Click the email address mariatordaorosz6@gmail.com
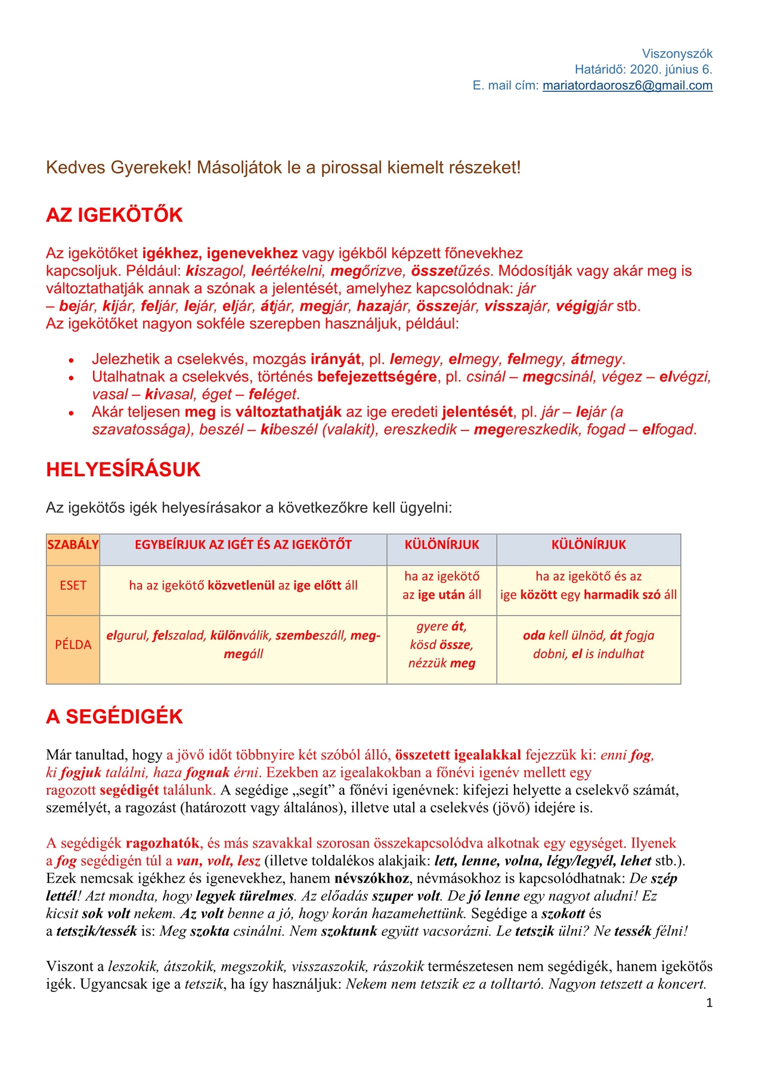click(627, 85)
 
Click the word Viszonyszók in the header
click(677, 54)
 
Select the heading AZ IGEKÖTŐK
click(114, 215)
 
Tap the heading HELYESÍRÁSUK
click(123, 469)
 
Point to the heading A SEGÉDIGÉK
click(114, 716)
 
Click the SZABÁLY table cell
click(73, 544)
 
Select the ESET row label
click(73, 585)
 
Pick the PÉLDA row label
click(73, 644)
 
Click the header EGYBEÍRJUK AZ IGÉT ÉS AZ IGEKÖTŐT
click(243, 544)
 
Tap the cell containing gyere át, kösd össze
click(441, 644)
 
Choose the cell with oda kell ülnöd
click(588, 644)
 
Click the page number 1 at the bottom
click(709, 1003)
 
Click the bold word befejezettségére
click(377, 377)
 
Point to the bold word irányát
click(335, 359)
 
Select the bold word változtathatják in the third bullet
click(289, 412)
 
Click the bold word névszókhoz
click(372, 878)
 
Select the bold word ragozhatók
click(162, 843)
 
